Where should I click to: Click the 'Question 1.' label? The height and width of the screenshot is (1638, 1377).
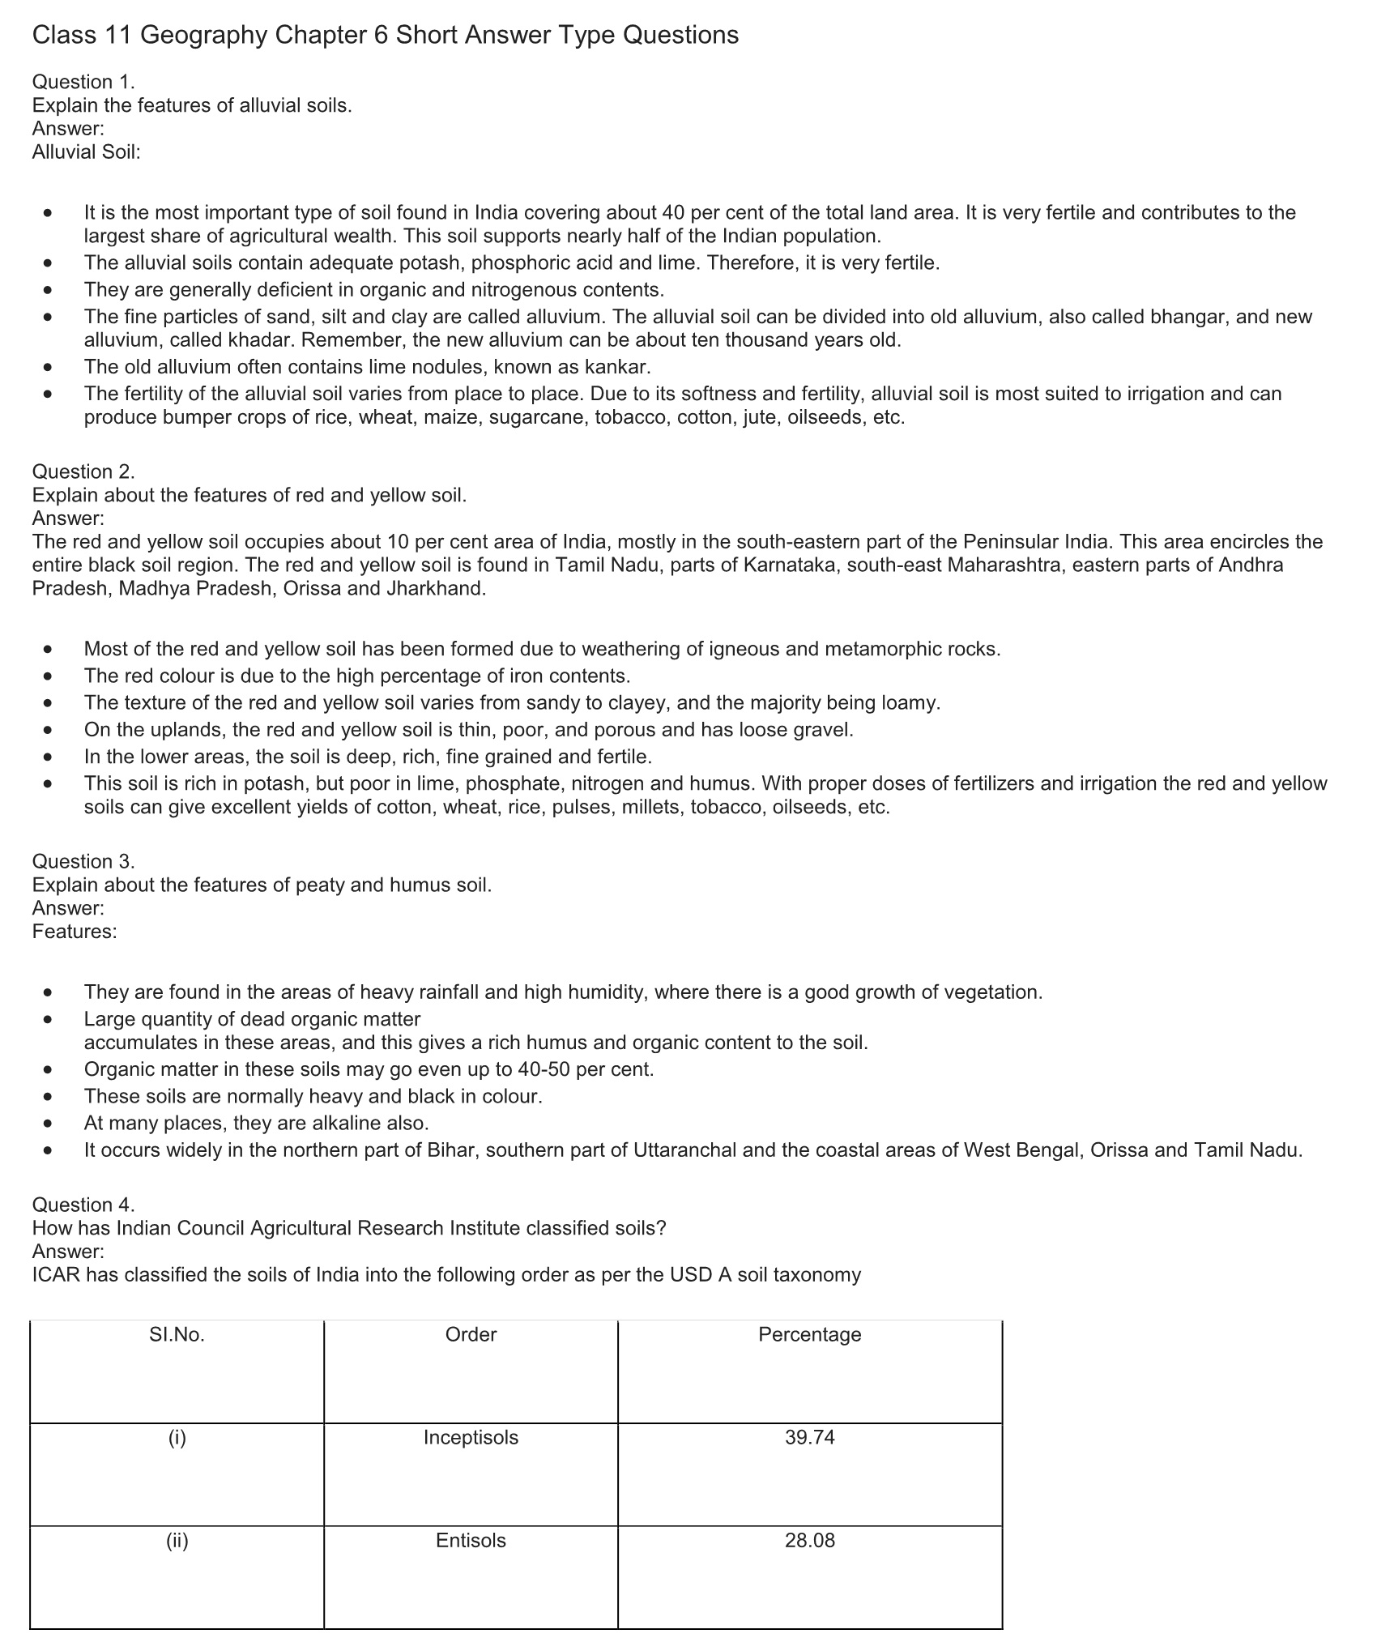coord(83,82)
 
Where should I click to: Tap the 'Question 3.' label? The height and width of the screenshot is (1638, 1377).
coord(83,861)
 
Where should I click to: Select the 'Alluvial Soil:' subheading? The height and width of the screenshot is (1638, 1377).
coord(87,152)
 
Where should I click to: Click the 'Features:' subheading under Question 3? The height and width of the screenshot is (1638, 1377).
coord(75,932)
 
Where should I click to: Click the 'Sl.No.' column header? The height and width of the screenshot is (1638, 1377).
coord(177,1335)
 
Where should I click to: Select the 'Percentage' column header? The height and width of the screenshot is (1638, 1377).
coord(809,1335)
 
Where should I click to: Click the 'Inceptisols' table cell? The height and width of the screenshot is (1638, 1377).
coord(471,1438)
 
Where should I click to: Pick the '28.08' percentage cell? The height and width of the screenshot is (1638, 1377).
coord(809,1541)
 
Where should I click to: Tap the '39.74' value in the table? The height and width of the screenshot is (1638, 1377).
coord(809,1438)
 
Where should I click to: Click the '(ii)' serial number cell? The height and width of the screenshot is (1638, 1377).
coord(177,1541)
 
